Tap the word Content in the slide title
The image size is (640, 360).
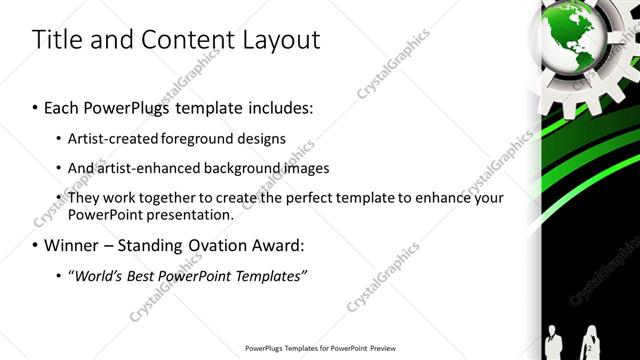(187, 40)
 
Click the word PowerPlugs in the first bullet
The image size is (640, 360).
(119, 105)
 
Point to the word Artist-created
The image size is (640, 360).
(112, 138)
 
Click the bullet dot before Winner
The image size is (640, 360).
(36, 246)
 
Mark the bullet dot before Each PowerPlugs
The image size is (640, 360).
(36, 106)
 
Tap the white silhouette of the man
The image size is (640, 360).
(555, 341)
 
